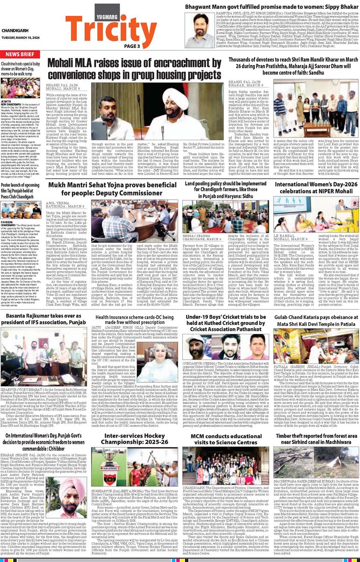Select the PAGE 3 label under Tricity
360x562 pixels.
pos(132,46)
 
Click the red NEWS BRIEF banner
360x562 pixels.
pos(21,54)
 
